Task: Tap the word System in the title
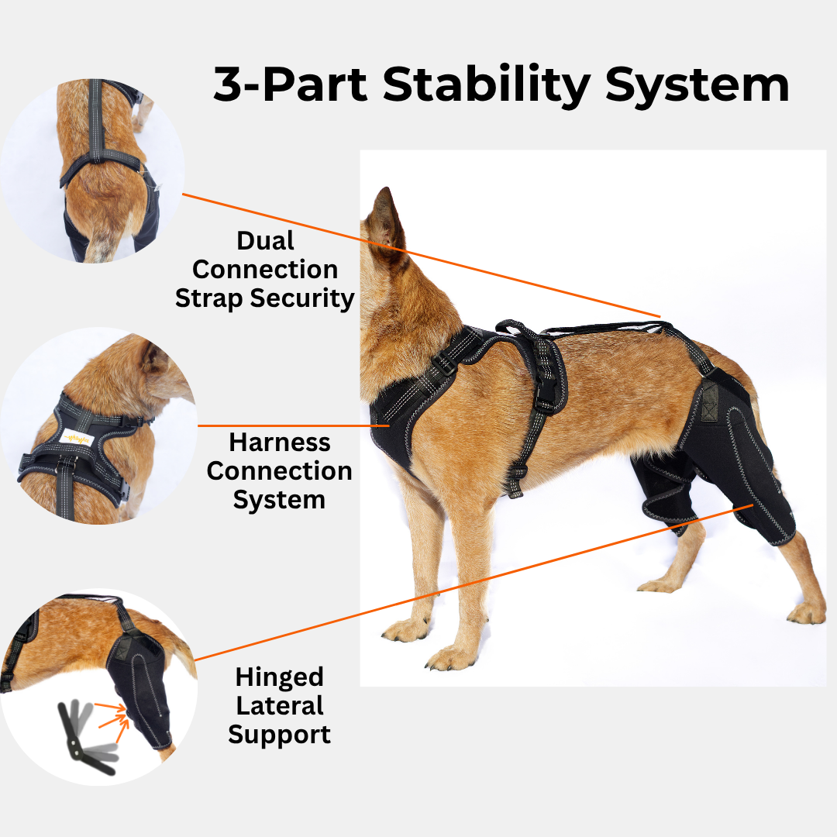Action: coord(697,85)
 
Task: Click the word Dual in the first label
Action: coord(265,241)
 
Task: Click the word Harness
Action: coord(279,443)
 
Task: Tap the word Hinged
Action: coord(279,677)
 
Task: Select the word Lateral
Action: coord(279,706)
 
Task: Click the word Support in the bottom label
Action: coord(279,735)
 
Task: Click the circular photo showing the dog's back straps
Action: coord(93,170)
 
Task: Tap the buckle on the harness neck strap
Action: coord(444,362)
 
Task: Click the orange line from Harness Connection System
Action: coord(287,425)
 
